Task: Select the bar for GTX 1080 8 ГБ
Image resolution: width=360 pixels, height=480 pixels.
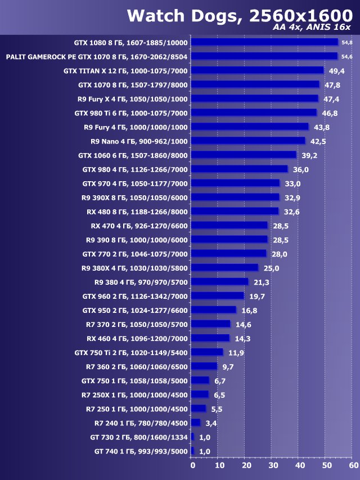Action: (264, 42)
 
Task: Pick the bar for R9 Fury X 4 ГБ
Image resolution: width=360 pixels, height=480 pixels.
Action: (255, 98)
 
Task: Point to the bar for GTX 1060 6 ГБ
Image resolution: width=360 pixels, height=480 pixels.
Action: (244, 155)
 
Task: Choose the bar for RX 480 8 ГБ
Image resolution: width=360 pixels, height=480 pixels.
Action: (235, 211)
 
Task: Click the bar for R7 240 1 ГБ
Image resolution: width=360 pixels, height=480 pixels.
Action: (196, 423)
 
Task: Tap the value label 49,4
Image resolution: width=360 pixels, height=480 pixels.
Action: (336, 70)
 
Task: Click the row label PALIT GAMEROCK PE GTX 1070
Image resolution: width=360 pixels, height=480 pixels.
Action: (97, 56)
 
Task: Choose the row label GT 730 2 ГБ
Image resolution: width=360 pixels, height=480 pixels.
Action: (139, 437)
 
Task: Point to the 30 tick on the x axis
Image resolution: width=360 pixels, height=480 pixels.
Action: (273, 465)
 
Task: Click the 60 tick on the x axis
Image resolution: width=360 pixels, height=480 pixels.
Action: (353, 465)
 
